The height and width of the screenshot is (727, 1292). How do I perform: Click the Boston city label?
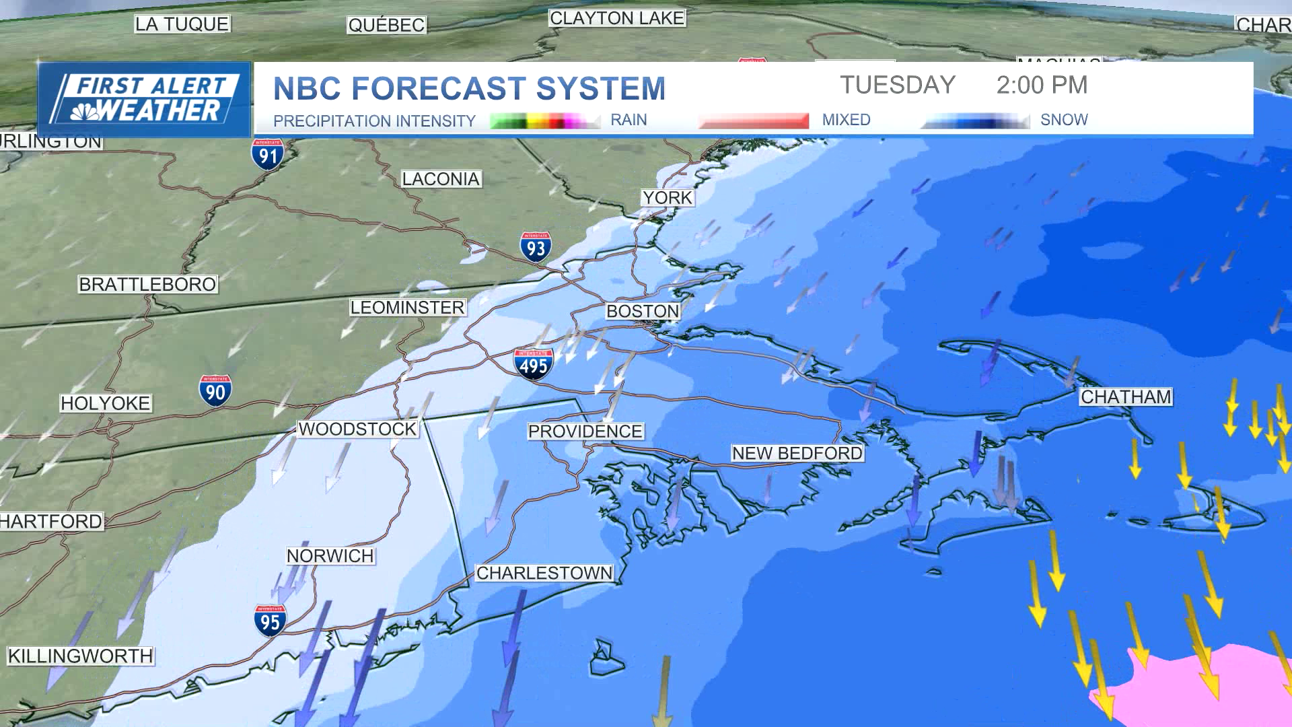pos(643,311)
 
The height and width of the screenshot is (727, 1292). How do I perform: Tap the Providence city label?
pos(585,431)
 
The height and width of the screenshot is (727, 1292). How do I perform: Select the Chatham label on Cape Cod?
pos(1126,396)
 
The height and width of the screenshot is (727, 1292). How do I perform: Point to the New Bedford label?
pos(797,453)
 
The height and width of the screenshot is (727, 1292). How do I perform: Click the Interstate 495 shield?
pos(534,365)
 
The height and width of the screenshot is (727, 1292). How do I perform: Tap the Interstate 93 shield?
pos(536,248)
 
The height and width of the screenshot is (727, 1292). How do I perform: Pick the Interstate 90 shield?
pos(215,391)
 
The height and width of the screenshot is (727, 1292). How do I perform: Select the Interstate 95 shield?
pos(271,621)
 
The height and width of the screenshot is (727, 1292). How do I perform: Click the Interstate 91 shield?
pos(268,155)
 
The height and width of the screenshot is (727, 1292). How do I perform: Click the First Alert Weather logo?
pos(144,99)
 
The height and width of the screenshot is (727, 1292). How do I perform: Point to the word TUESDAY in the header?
pos(898,85)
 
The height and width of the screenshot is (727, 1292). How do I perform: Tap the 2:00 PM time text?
pos(1042,85)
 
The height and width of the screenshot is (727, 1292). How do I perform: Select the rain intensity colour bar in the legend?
pos(544,121)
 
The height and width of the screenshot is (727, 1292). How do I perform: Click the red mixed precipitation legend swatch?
pos(753,121)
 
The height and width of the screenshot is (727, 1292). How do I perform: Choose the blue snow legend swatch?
pos(976,121)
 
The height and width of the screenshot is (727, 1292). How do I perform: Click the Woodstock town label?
pos(357,429)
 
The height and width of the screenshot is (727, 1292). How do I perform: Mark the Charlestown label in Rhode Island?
pos(544,573)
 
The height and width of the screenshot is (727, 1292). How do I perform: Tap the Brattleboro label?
pos(147,284)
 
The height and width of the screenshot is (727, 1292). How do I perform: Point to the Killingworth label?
pos(80,656)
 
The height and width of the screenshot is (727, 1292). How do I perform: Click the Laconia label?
pos(441,179)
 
